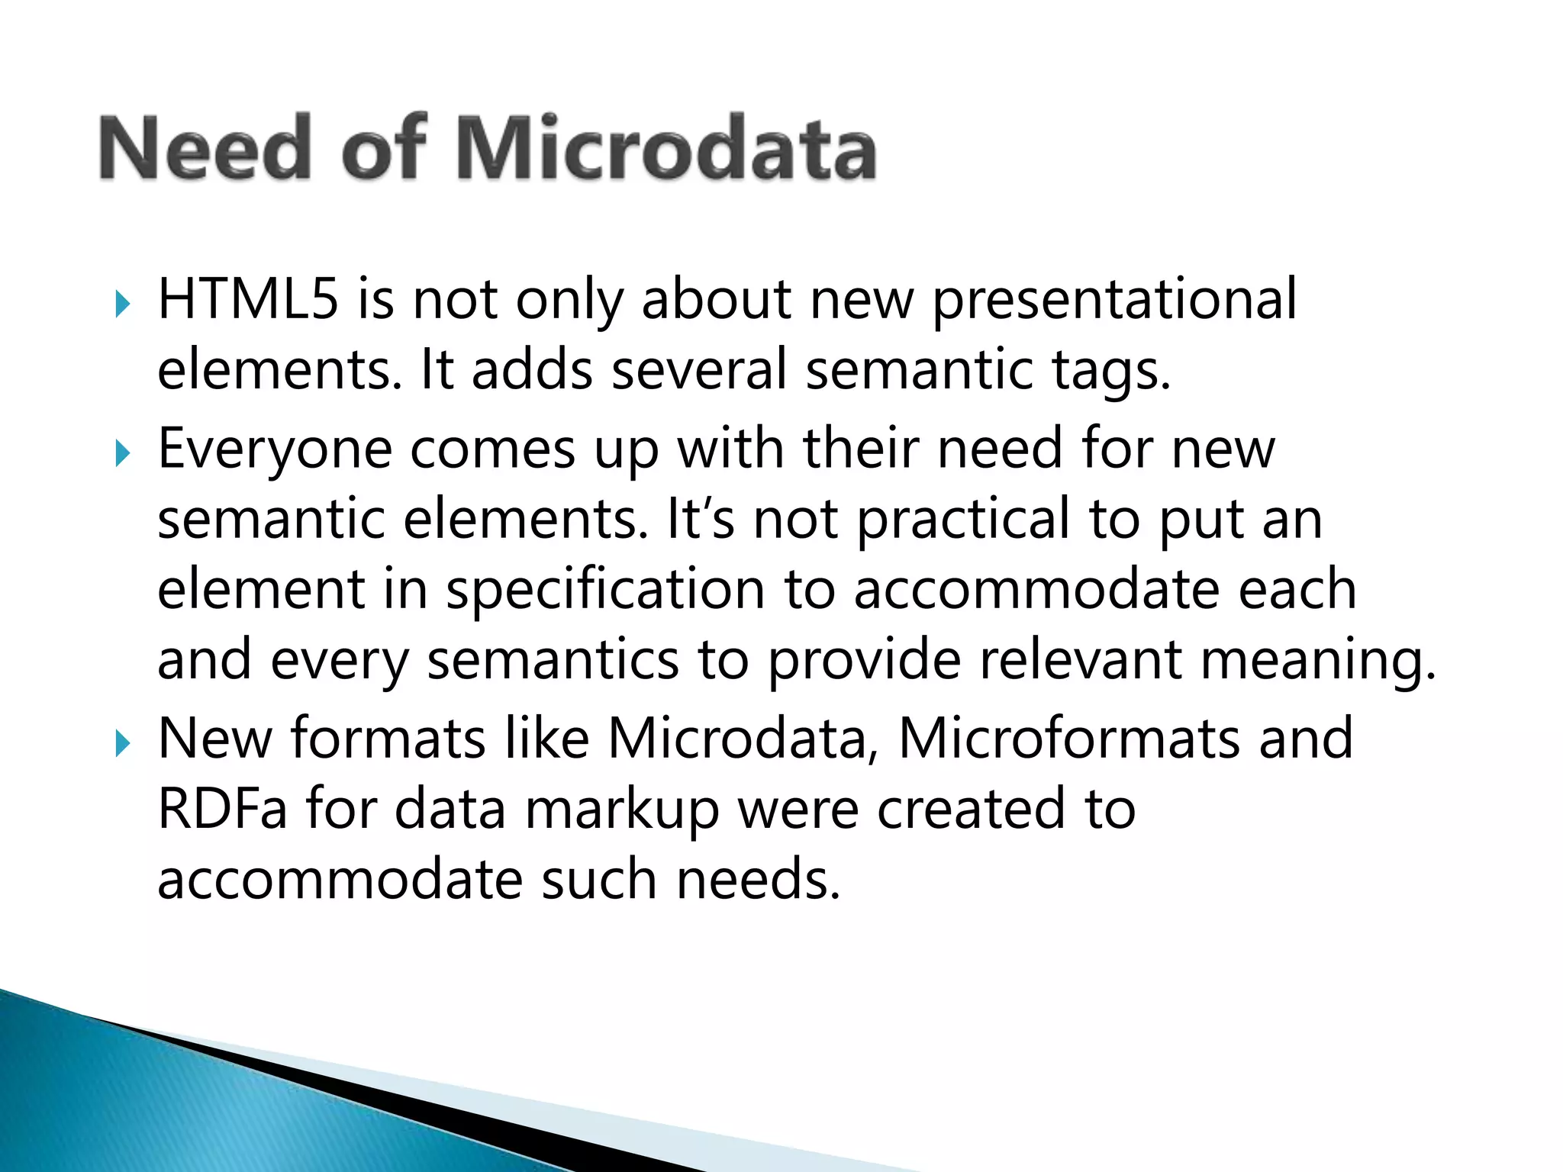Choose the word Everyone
pos(275,449)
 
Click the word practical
pos(963,519)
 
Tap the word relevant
pos(1081,660)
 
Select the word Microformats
pos(1069,739)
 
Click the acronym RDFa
pos(222,809)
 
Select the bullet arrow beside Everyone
pos(123,454)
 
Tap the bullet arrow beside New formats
pos(123,743)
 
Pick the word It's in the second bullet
pos(701,519)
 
